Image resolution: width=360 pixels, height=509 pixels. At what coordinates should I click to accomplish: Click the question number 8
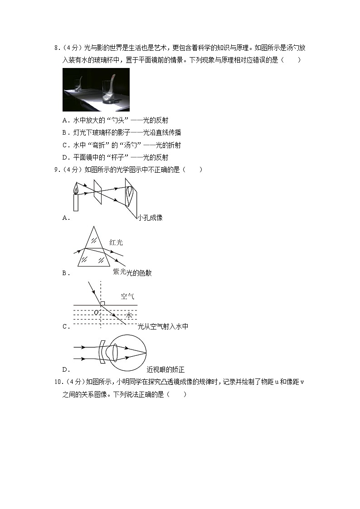pos(56,48)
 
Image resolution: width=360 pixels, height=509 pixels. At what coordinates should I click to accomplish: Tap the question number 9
pos(56,170)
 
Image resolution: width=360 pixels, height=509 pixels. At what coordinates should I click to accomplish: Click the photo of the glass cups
pos(96,90)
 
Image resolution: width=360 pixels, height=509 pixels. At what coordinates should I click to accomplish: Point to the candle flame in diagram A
pos(76,189)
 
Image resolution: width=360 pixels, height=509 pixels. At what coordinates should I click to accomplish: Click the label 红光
pos(116,242)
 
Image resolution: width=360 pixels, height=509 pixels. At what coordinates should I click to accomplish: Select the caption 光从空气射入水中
pos(163,326)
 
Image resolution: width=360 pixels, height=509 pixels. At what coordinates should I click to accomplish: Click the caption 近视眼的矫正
pos(165,369)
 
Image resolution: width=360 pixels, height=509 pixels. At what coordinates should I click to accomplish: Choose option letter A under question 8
pos(65,121)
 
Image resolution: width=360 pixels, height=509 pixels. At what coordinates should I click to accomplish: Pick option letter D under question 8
pos(65,157)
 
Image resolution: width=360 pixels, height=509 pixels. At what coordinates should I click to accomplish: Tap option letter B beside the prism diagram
pos(65,273)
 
